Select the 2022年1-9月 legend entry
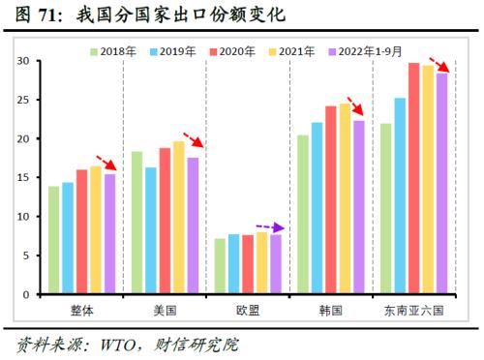[370, 50]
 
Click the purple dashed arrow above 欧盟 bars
[270, 227]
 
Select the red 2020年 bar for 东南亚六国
[414, 179]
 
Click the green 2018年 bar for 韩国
[303, 215]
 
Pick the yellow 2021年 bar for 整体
[95, 230]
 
